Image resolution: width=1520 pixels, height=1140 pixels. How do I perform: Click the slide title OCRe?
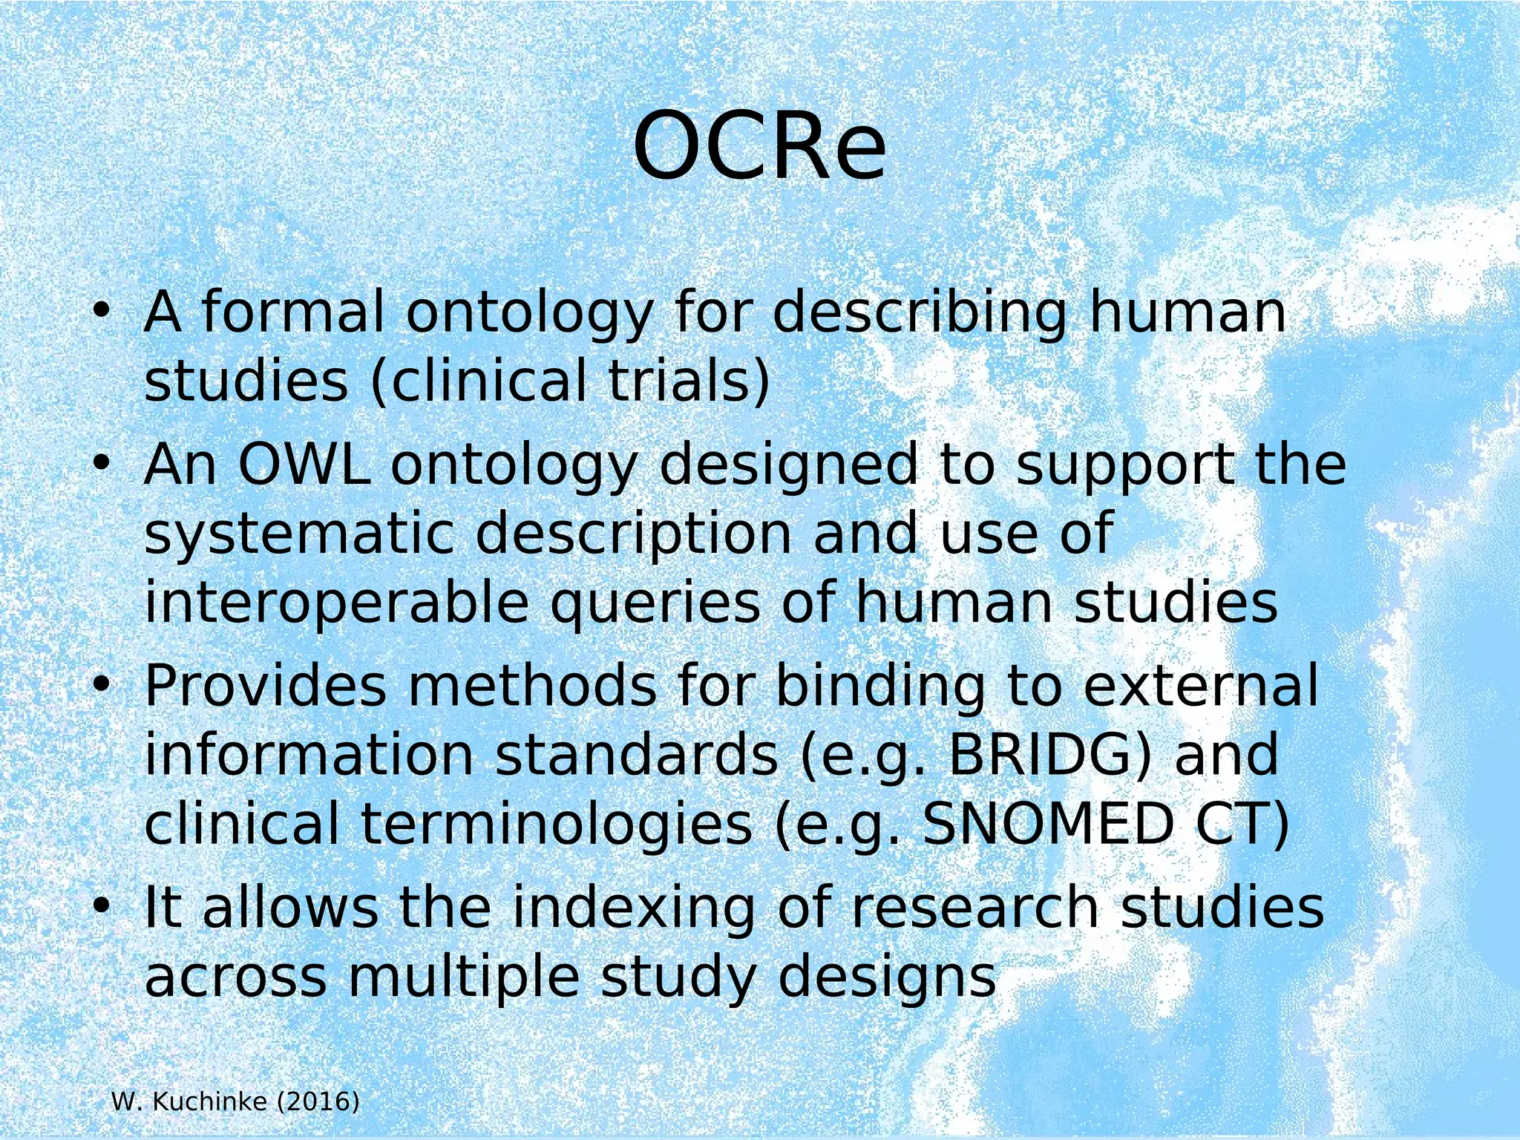click(x=759, y=146)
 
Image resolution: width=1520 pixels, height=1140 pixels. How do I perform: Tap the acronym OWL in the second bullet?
click(x=304, y=465)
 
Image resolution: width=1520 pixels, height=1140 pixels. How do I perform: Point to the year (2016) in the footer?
click(x=318, y=1101)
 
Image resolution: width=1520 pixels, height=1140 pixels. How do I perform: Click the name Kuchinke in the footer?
click(x=209, y=1101)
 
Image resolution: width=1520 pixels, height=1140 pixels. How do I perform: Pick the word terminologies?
click(x=556, y=825)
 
